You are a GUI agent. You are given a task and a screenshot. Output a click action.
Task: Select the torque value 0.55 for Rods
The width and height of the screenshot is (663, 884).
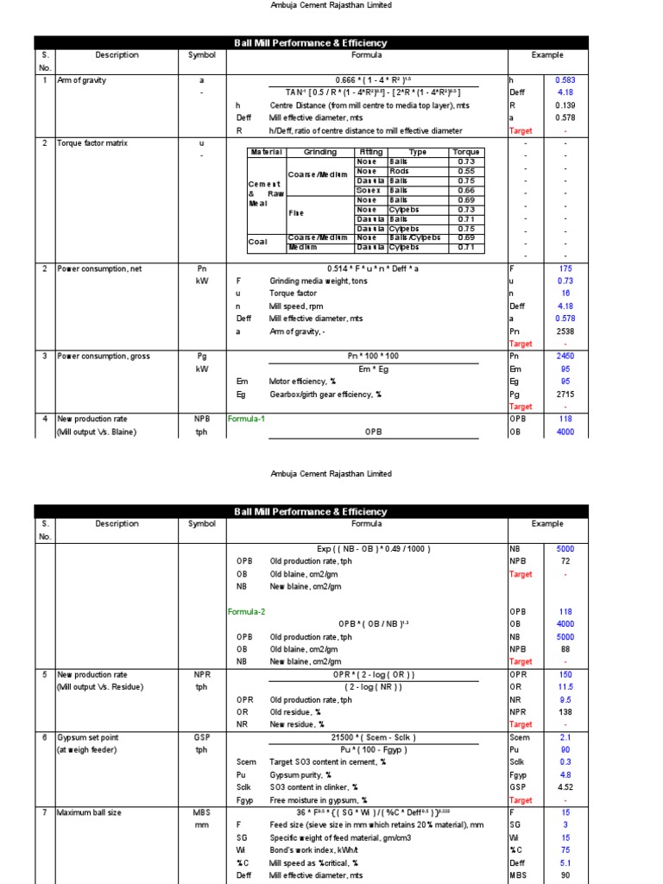(x=465, y=171)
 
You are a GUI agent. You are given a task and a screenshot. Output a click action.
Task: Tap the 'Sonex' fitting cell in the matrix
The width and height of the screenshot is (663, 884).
(x=369, y=190)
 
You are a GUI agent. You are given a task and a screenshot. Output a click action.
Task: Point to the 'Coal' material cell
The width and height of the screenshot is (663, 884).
(x=258, y=242)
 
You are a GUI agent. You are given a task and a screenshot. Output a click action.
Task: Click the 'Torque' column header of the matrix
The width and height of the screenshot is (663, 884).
(x=465, y=152)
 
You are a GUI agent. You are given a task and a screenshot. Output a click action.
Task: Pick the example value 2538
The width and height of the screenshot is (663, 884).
(x=565, y=331)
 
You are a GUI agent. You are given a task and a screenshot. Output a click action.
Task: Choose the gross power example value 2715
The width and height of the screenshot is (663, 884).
(x=565, y=394)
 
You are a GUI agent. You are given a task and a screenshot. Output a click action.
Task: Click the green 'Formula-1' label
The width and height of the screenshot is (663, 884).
(x=246, y=419)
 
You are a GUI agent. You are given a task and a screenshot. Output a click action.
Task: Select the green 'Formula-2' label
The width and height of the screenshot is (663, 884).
(x=246, y=611)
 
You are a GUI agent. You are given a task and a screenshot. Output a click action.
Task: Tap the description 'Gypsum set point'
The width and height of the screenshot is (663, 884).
(x=87, y=737)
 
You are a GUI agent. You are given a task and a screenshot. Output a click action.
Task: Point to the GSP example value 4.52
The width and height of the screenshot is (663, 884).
(x=565, y=787)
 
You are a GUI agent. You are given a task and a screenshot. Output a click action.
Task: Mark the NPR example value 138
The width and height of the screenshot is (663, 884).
(x=565, y=712)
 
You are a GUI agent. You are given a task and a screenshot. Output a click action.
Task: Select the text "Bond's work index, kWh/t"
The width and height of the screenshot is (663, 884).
(x=318, y=849)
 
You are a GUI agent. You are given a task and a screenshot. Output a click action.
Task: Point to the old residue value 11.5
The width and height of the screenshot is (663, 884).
(x=565, y=687)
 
